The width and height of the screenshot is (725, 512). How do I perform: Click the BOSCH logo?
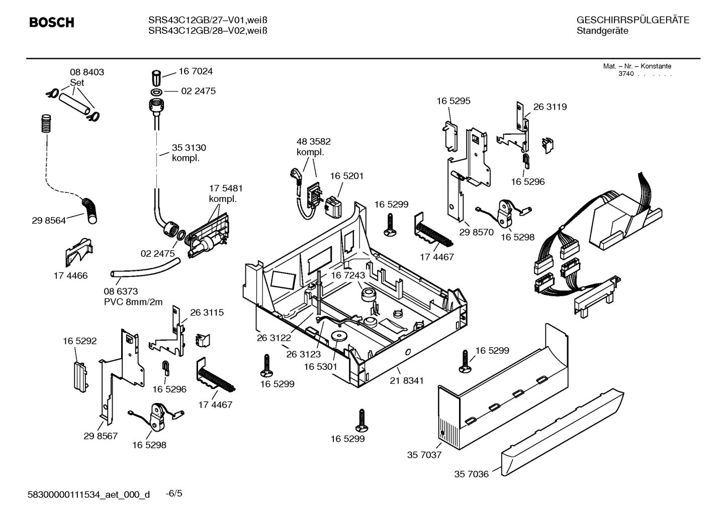click(x=52, y=22)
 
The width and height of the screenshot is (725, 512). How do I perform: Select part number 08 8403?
click(x=86, y=72)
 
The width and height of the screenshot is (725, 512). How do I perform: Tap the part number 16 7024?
click(x=196, y=71)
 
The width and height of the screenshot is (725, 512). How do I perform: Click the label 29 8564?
click(x=48, y=220)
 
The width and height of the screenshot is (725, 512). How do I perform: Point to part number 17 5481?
click(x=226, y=188)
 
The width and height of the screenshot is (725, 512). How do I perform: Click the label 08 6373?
click(x=121, y=291)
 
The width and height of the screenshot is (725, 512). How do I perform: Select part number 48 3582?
click(x=314, y=142)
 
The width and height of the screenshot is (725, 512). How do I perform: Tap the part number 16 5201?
click(x=346, y=176)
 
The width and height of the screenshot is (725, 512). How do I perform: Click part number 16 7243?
click(x=348, y=276)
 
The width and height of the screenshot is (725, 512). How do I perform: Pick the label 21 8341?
click(x=406, y=381)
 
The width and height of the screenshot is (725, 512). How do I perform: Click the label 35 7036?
click(x=471, y=474)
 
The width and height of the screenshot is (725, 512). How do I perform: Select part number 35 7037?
click(x=424, y=455)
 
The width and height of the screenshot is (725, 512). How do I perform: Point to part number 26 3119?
click(x=550, y=107)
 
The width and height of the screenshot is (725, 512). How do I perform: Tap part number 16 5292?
click(x=79, y=341)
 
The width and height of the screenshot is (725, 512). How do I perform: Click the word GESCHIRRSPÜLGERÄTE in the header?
click(x=632, y=20)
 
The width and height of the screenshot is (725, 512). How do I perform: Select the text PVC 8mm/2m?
click(x=133, y=302)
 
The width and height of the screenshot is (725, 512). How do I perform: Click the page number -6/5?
click(x=174, y=493)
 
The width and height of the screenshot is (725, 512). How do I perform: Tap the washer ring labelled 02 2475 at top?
click(x=156, y=91)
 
